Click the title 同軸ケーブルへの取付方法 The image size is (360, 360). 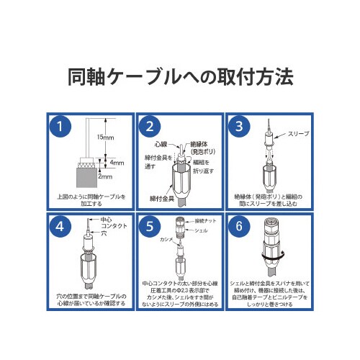pos(180,76)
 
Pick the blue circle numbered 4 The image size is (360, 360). pos(63,228)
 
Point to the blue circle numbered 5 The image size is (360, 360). pos(149,228)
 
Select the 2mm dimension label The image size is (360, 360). pos(107,176)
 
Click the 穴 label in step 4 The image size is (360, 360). pos(104,233)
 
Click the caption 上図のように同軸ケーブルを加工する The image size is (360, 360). pos(90,199)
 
